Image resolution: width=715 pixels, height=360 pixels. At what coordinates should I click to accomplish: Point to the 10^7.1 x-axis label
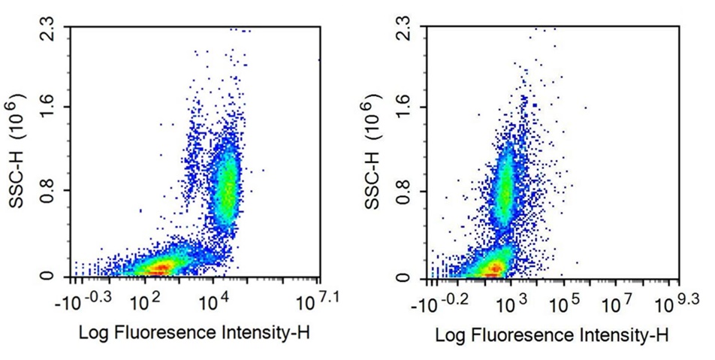[x=315, y=302]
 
